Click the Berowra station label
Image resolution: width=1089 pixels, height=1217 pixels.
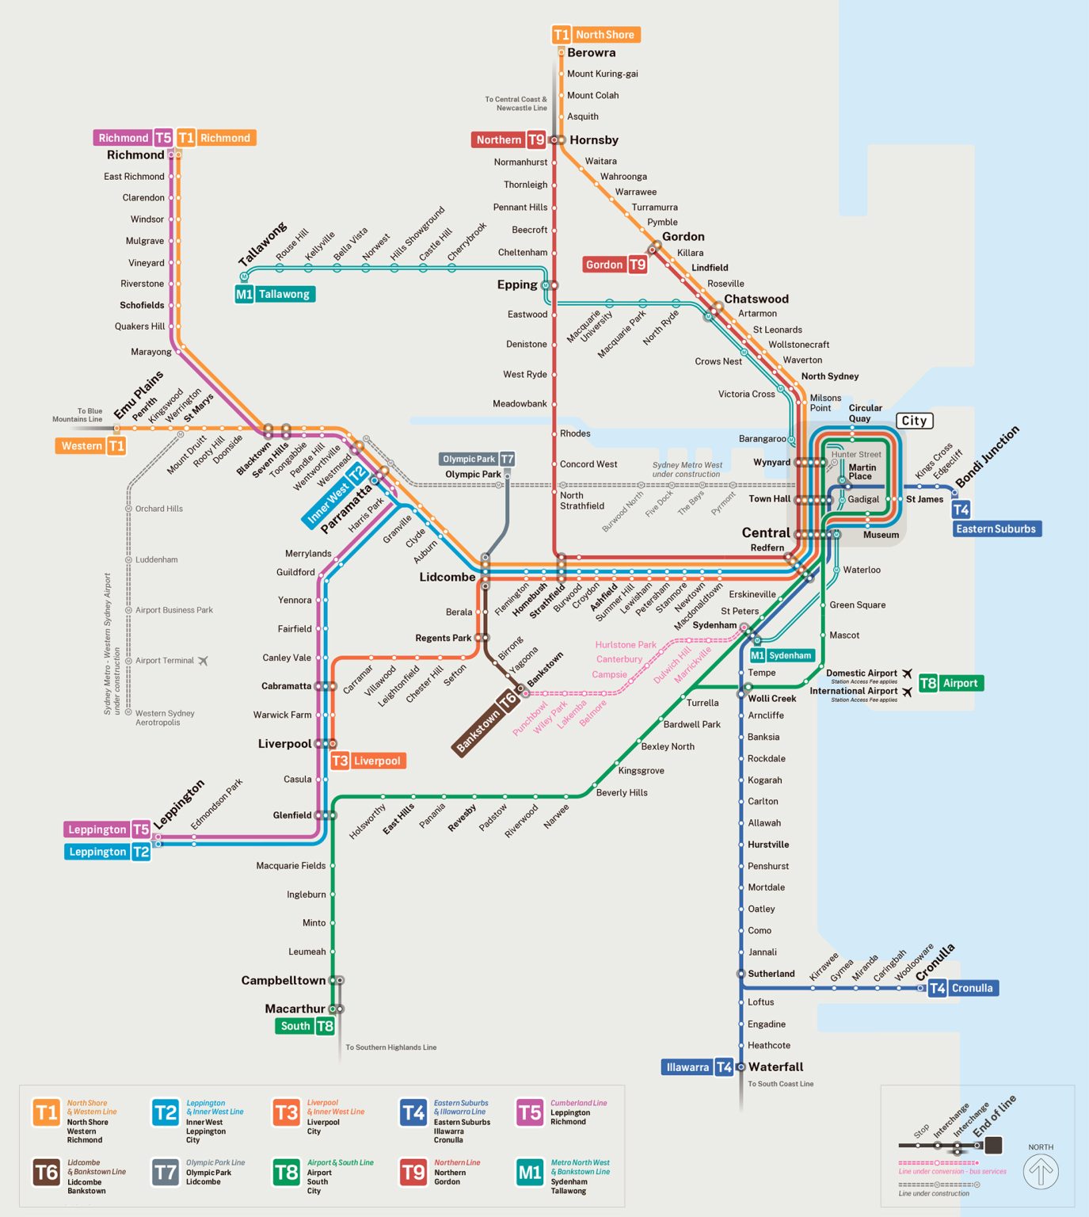coord(591,53)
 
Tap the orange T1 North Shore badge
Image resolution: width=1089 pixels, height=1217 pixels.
coord(596,35)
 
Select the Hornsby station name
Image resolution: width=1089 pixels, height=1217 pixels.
coord(593,140)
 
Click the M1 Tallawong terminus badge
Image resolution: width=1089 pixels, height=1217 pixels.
coord(274,294)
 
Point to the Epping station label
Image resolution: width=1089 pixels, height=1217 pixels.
coord(516,285)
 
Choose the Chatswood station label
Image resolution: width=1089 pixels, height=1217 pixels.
coord(756,299)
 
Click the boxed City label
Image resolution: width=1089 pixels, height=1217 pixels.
coord(914,421)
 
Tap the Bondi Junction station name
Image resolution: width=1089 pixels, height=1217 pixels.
coord(987,457)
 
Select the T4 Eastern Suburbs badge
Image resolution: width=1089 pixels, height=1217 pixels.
coord(996,528)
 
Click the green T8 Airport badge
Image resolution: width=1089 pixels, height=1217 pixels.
coord(950,683)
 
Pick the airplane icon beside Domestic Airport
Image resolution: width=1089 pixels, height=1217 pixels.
coord(907,673)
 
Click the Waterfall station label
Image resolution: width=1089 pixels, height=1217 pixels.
coord(775,1067)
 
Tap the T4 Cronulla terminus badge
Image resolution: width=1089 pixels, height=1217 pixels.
coord(962,988)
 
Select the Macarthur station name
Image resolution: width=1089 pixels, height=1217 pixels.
coord(295,1009)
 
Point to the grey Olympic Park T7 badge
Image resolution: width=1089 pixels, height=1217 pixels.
coord(478,459)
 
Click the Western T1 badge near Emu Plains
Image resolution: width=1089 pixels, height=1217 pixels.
coord(90,446)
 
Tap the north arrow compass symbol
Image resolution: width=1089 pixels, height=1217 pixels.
coord(1040,1172)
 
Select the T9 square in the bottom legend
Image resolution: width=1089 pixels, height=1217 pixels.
coord(413,1173)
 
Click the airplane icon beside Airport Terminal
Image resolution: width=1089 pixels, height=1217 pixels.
coord(204,661)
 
